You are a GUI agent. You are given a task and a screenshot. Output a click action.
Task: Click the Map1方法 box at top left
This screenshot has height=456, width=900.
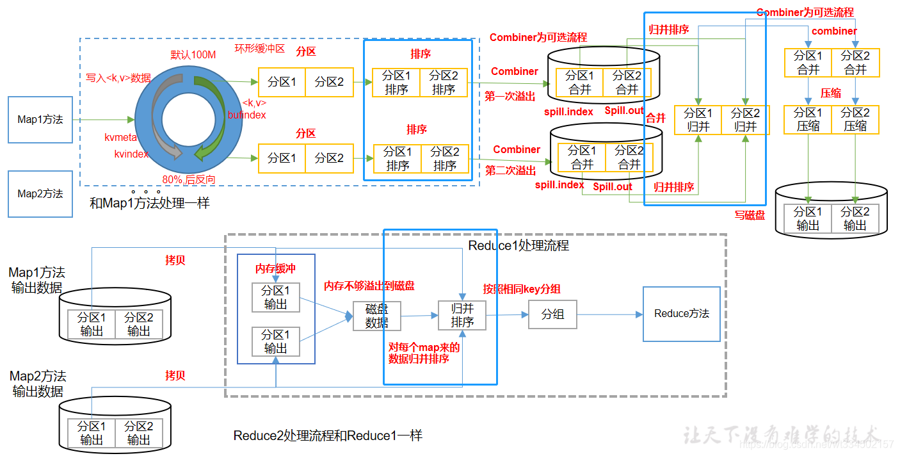tap(40, 119)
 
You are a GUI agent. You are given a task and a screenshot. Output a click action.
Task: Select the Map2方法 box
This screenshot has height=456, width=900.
tap(40, 193)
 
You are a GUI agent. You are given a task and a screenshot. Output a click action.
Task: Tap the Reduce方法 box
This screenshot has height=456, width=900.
tap(681, 314)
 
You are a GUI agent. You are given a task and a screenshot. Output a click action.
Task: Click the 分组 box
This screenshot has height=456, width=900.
tap(552, 314)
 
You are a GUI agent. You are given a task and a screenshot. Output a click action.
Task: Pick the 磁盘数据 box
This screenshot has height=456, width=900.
tap(377, 316)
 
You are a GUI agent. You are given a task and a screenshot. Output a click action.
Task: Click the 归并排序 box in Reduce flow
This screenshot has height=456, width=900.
tap(462, 315)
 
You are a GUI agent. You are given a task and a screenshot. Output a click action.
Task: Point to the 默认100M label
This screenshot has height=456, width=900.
tap(193, 54)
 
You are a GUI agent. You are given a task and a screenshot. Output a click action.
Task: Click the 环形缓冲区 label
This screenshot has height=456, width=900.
tap(259, 49)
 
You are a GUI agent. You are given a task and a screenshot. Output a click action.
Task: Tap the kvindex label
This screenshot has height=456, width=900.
tap(131, 154)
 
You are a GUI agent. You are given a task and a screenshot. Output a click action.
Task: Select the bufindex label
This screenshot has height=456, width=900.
tap(246, 115)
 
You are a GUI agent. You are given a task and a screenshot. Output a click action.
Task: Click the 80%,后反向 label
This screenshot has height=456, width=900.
tap(189, 180)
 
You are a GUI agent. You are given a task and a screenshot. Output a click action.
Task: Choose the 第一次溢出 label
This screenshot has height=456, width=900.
tap(510, 96)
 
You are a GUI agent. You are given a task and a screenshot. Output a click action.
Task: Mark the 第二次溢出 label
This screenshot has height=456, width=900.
tap(510, 170)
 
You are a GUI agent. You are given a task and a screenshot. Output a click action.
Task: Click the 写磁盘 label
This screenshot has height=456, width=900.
tap(750, 215)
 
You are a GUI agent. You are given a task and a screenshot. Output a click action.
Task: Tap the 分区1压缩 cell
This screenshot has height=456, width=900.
tap(808, 120)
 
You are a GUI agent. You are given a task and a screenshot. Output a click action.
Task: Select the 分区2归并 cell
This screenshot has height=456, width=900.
tap(745, 120)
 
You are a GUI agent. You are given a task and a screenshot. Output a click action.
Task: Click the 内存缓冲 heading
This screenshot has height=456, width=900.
tap(275, 268)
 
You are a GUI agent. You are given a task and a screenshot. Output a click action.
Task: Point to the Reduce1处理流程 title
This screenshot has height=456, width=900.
tap(518, 245)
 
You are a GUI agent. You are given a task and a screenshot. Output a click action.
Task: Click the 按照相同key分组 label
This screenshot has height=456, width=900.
tap(522, 289)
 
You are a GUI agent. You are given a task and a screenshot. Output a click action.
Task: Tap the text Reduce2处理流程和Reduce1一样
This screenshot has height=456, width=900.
tap(328, 436)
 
